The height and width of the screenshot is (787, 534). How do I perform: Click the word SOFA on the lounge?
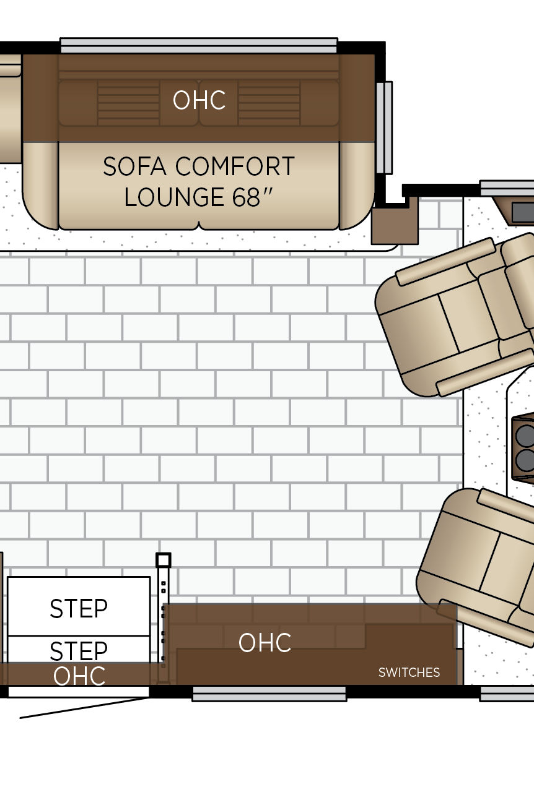134,166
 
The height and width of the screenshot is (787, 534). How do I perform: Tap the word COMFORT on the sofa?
235,166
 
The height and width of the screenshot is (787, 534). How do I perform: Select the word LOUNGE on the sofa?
175,197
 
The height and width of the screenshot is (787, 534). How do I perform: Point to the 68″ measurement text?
252,197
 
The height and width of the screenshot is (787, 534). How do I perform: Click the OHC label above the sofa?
199,100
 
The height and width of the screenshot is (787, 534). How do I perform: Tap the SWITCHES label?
409,673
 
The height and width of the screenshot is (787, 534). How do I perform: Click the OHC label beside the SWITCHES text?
265,643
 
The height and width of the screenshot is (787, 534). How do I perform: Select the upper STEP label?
79,609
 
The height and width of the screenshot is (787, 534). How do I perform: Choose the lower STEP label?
79,651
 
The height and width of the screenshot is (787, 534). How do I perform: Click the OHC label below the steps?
79,675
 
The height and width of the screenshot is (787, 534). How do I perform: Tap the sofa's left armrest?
40,186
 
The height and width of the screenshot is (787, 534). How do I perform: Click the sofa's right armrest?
357,186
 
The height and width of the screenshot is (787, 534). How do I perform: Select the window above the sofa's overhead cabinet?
199,45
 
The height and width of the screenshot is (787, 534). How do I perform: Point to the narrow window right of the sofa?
385,127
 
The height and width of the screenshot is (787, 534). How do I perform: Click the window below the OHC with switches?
269,694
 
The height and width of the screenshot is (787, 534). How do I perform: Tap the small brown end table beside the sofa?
395,225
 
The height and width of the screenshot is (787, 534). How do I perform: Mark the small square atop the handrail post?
163,560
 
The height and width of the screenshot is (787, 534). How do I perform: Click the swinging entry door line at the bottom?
84,708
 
